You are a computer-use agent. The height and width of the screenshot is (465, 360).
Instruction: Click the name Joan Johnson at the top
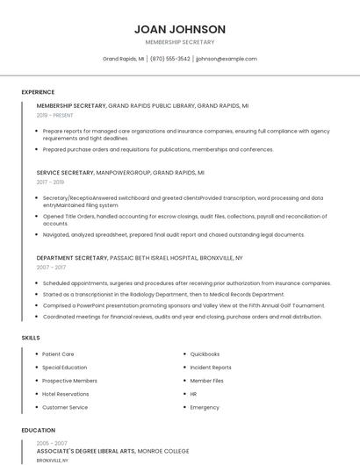[180, 29]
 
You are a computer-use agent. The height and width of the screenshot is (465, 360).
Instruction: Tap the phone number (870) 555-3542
[170, 59]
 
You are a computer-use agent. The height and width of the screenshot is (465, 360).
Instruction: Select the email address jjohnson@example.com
[227, 59]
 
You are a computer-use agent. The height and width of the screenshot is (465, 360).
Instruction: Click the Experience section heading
[38, 92]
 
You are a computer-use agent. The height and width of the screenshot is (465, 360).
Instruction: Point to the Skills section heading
[31, 338]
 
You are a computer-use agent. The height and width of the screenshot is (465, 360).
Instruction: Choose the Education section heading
[38, 431]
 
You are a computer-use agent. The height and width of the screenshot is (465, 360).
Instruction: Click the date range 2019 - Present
[54, 115]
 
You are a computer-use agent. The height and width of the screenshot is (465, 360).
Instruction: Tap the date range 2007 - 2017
[51, 267]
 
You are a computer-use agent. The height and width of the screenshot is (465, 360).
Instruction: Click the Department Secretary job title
[73, 258]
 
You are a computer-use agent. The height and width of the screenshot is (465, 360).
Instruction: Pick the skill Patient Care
[58, 354]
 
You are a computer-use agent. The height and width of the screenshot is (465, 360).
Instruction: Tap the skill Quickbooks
[205, 354]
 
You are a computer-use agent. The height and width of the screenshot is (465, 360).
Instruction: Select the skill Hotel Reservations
[66, 394]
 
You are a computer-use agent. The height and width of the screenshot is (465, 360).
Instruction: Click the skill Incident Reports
[211, 368]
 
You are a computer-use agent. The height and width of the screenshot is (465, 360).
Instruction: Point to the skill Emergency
[205, 407]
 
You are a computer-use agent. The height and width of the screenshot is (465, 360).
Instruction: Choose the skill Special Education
[65, 368]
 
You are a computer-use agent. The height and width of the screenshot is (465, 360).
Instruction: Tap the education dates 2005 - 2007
[51, 443]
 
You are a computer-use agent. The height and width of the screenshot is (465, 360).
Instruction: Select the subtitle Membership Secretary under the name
[180, 42]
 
